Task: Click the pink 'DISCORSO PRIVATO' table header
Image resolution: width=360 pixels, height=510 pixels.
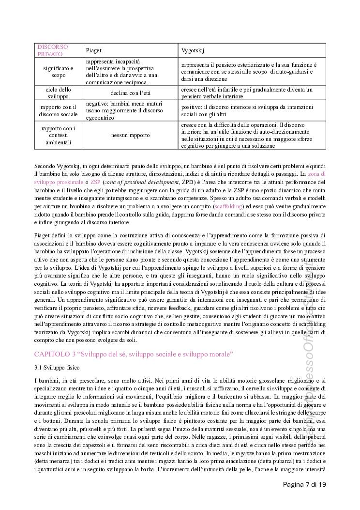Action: coord(53,50)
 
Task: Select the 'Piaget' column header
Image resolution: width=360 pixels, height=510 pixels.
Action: coord(94,50)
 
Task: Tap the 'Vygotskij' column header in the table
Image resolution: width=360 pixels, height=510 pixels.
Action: coord(192,50)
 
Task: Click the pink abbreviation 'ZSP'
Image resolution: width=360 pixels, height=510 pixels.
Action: coord(95,182)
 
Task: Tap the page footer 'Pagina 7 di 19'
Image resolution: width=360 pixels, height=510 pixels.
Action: coord(304,484)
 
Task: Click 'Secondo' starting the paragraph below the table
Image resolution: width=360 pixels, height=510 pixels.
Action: coord(45,166)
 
